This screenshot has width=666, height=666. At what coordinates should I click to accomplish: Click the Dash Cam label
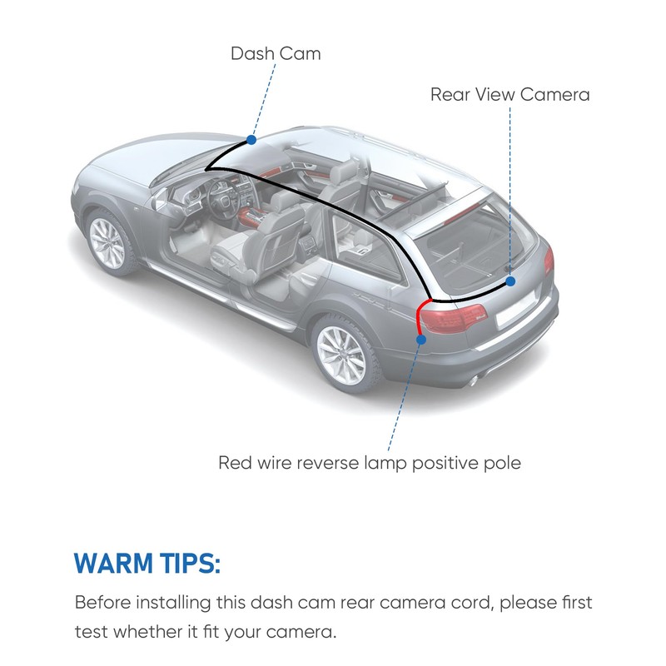coord(276,54)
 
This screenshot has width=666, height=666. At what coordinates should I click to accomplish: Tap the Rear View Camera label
coord(509,94)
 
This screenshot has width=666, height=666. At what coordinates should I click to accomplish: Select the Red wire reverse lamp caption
coord(369,462)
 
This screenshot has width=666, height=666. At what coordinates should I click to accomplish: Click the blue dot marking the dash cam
coord(251,140)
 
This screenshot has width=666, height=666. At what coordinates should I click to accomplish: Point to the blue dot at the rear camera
coord(510,281)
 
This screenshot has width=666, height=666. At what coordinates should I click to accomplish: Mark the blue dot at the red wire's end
coord(422,339)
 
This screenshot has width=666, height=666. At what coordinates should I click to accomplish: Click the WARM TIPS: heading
coord(147,564)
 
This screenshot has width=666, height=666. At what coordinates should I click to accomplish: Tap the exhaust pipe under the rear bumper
coord(473,380)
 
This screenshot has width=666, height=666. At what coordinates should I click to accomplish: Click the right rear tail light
coord(548,261)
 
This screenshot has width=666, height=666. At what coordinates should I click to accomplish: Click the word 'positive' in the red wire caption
coord(441,462)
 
